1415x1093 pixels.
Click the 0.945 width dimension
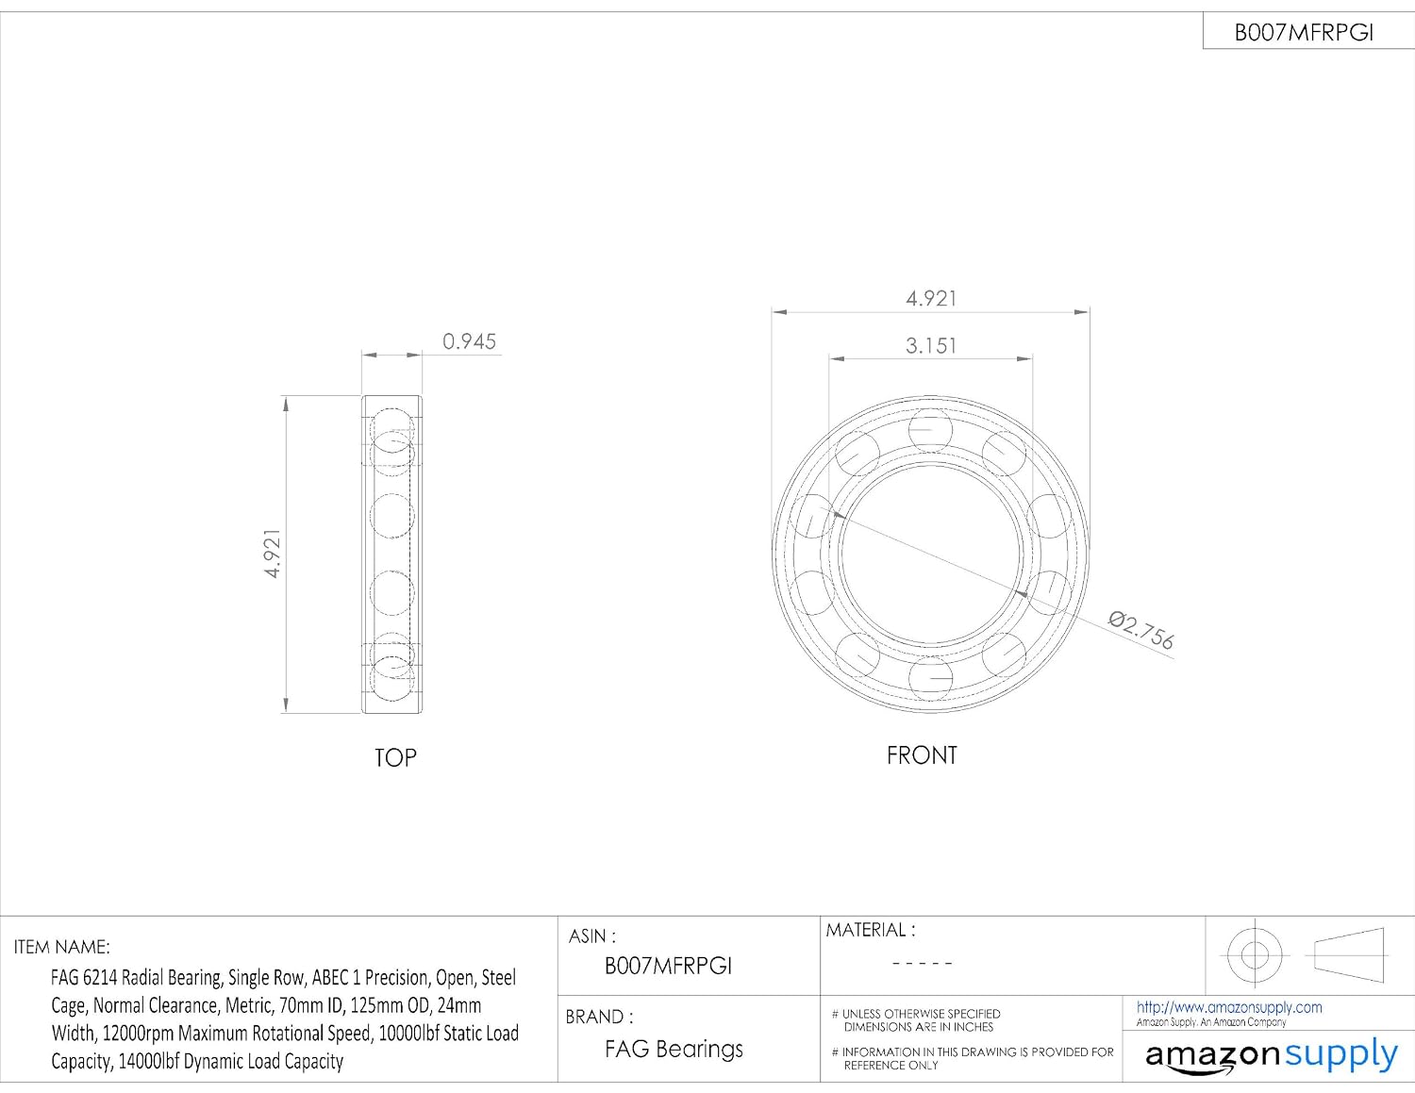pyautogui.click(x=469, y=341)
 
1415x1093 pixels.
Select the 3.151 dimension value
pyautogui.click(x=930, y=346)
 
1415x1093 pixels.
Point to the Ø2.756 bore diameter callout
pyautogui.click(x=1140, y=630)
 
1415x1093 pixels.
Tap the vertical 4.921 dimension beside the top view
pyautogui.click(x=273, y=554)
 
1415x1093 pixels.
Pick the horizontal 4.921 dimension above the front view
pyautogui.click(x=931, y=298)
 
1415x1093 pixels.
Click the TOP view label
pyautogui.click(x=395, y=757)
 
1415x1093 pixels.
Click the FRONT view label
pyautogui.click(x=922, y=755)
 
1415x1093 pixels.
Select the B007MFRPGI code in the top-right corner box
pyautogui.click(x=1304, y=33)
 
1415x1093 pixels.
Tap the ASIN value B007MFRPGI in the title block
pyautogui.click(x=668, y=966)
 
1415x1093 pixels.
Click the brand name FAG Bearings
pyautogui.click(x=674, y=1049)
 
